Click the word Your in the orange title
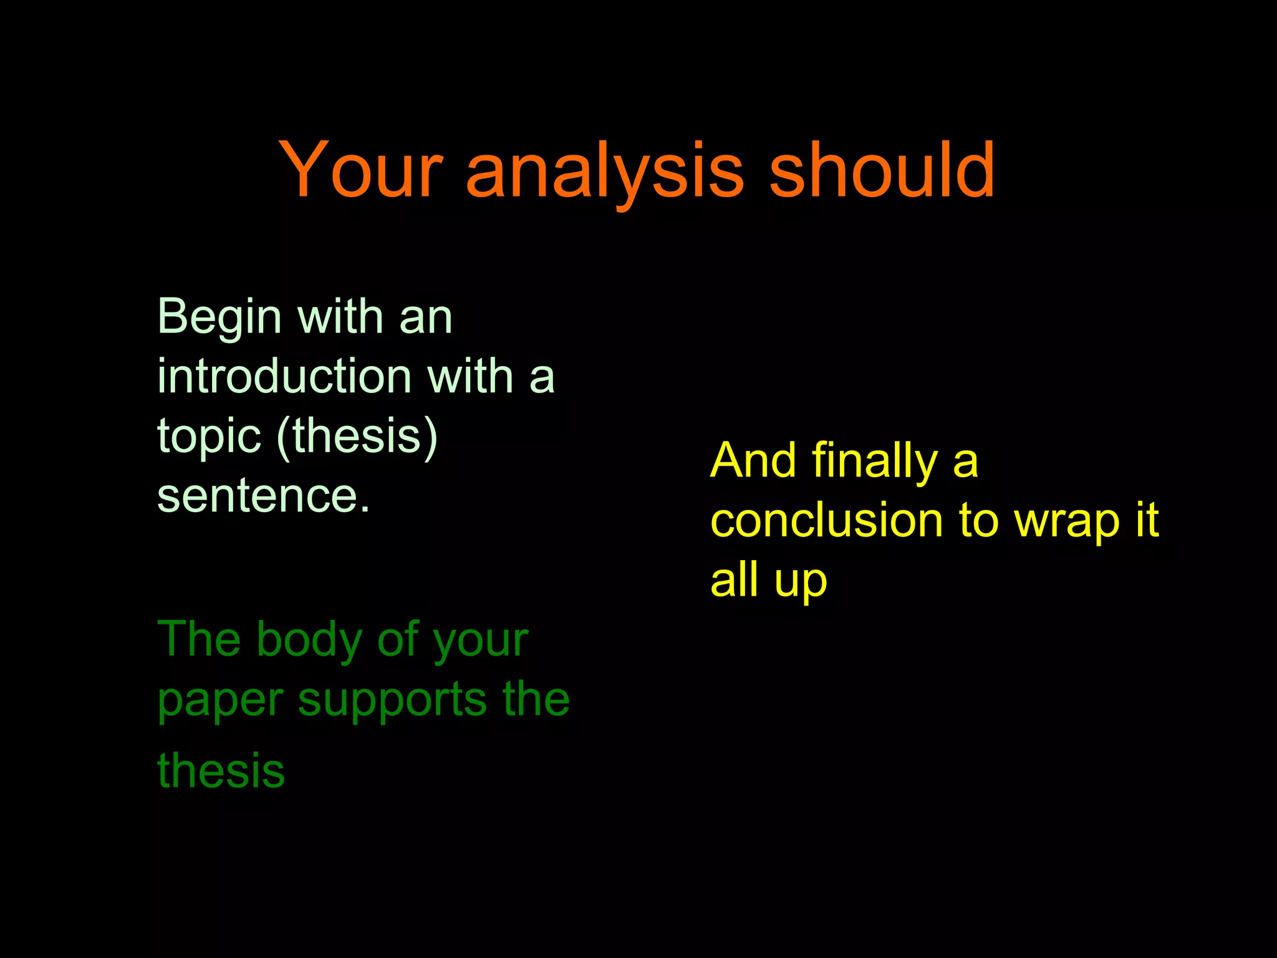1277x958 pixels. point(360,170)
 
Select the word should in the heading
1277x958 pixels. point(882,170)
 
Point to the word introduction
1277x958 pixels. point(284,377)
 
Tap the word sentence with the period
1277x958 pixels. point(263,496)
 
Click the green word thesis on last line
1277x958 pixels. point(221,771)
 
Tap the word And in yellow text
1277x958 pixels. point(753,461)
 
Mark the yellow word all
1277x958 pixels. point(734,579)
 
